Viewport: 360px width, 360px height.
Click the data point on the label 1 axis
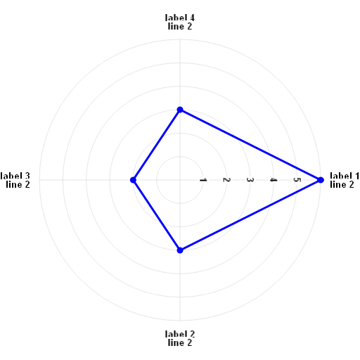[321, 180]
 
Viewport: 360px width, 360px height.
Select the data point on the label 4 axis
[180, 110]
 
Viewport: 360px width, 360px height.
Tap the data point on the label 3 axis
[133, 180]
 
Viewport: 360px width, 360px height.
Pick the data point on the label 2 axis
[180, 250]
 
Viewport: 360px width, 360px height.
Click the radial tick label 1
[203, 180]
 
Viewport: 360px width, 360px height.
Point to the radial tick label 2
[226, 180]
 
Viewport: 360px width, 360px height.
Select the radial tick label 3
[250, 180]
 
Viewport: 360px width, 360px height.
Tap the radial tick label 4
[274, 180]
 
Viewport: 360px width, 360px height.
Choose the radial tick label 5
[297, 180]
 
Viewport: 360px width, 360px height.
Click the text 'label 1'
[345, 176]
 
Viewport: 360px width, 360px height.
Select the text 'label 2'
[180, 334]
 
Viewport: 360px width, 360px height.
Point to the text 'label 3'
[15, 176]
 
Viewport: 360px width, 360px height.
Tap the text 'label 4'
[180, 18]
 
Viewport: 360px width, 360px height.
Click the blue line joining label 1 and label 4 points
[250, 145]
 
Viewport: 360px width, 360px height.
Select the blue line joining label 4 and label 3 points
[156, 145]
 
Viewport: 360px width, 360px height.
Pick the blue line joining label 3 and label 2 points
[156, 215]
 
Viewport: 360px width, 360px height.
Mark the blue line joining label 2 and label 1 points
[250, 215]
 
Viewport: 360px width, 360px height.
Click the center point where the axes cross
[180, 180]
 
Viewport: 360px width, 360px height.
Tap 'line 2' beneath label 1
[342, 184]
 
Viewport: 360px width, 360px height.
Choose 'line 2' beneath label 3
[18, 184]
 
